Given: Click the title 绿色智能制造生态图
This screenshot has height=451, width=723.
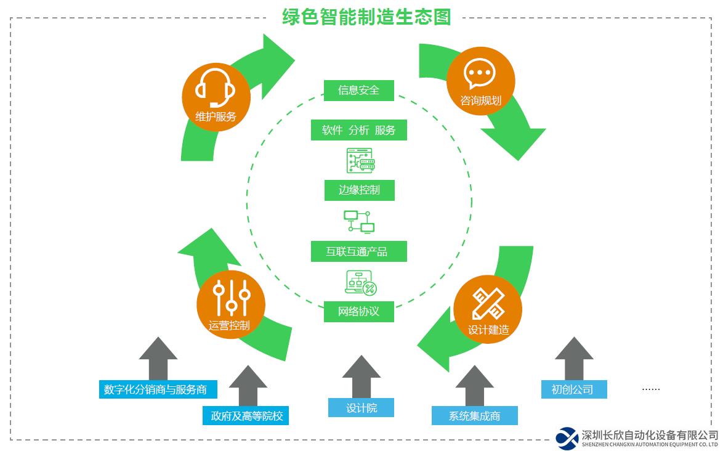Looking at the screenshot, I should (x=366, y=17).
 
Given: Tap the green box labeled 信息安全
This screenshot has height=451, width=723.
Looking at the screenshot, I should (x=358, y=90).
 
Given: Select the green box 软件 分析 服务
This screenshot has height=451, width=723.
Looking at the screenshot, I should (x=358, y=130).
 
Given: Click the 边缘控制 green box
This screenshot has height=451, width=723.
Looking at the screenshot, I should (x=359, y=190).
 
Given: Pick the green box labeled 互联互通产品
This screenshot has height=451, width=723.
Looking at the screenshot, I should (x=358, y=251).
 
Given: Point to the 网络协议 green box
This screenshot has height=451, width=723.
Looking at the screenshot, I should (x=359, y=311).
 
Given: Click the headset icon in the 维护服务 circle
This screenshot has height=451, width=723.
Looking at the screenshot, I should (x=216, y=87).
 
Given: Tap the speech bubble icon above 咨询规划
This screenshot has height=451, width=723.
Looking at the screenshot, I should (x=480, y=74).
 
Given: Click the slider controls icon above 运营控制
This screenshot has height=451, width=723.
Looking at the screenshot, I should (x=231, y=297).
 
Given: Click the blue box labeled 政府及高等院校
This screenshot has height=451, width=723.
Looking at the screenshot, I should (x=246, y=416).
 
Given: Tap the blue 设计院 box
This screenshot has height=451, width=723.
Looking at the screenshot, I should (x=361, y=408).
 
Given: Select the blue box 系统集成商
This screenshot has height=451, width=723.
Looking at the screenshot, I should (x=474, y=416).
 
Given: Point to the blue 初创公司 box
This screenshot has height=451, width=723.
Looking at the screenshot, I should (x=574, y=389).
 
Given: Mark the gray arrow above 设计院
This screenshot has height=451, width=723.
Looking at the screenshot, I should (x=361, y=376).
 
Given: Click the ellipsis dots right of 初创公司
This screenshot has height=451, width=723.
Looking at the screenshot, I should (x=650, y=389).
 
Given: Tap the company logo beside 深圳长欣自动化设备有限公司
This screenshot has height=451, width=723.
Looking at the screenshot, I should (x=567, y=438).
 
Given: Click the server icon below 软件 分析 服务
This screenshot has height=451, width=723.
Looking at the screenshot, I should (x=360, y=160).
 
